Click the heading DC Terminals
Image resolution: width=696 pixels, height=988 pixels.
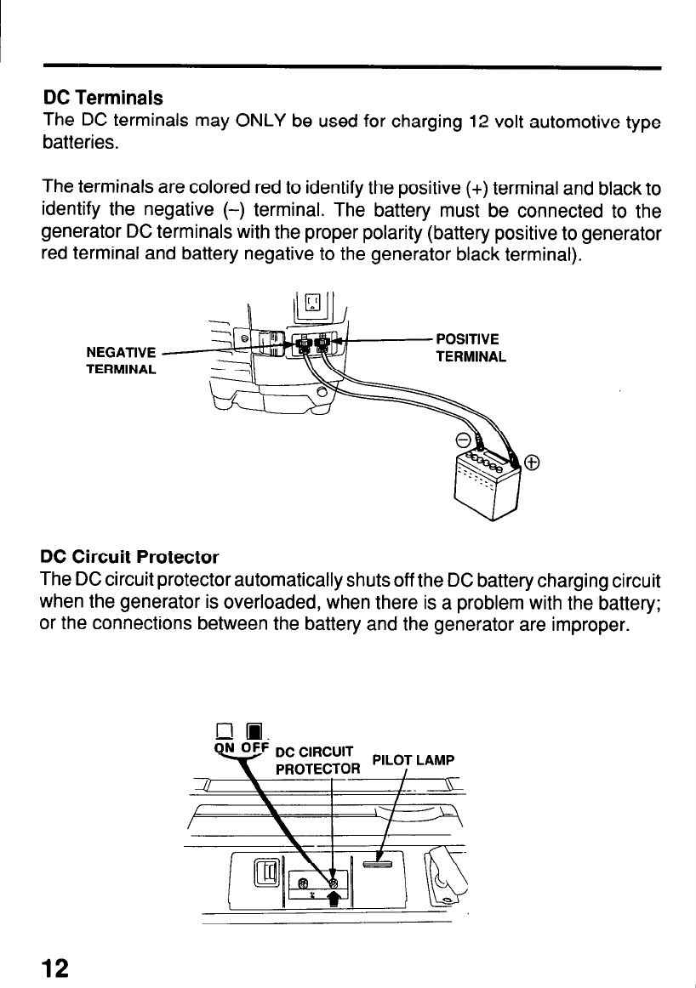pyautogui.click(x=103, y=99)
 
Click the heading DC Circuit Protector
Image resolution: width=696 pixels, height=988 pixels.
pyautogui.click(x=130, y=558)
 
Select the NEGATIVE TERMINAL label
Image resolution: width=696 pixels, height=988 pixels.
pyautogui.click(x=121, y=360)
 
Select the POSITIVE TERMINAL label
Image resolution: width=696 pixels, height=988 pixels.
pyautogui.click(x=471, y=345)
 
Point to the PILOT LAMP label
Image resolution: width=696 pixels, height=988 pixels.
pyautogui.click(x=414, y=759)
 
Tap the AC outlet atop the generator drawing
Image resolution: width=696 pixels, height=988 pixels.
pyautogui.click(x=312, y=303)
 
